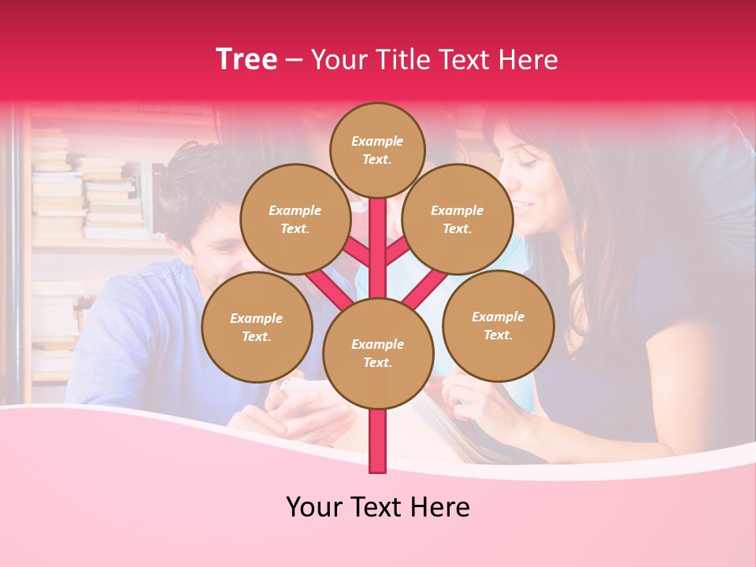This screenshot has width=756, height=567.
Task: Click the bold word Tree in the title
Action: coord(246,60)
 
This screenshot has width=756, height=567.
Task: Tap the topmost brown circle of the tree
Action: coord(377,150)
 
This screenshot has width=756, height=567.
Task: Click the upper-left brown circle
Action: coord(295,219)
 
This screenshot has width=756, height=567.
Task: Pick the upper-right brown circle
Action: coord(458,219)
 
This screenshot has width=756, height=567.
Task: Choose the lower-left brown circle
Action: coord(257,327)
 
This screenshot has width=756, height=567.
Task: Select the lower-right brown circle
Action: coord(498,325)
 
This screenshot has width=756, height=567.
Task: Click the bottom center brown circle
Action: coord(378,353)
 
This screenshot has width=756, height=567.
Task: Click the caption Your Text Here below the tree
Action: coord(378,507)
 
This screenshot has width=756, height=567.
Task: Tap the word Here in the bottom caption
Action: coord(441,507)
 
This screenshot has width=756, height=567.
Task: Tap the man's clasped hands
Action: coord(307,409)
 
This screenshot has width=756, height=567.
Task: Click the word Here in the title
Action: coord(527,60)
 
